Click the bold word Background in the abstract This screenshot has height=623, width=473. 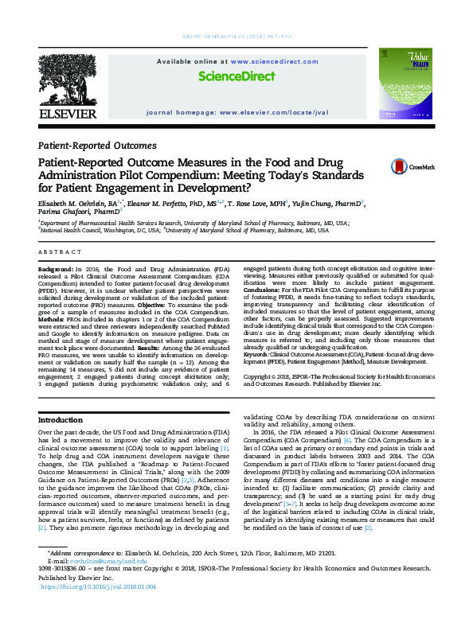tap(54, 271)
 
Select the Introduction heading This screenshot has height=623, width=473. tap(66, 419)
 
